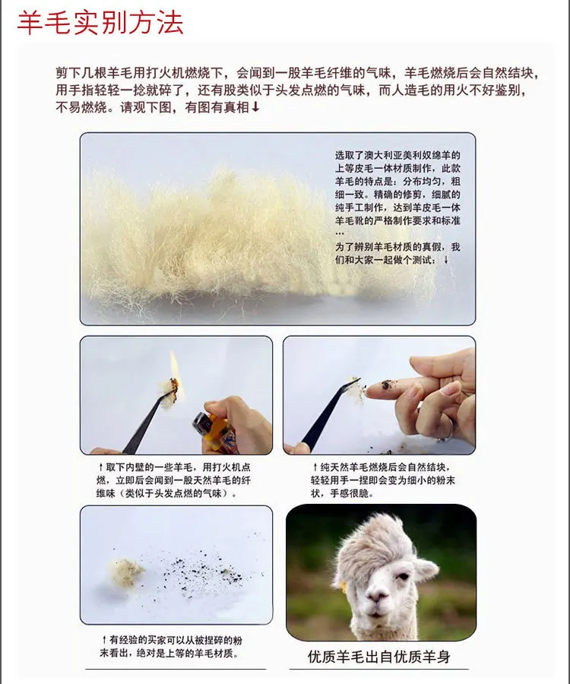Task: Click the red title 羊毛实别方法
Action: pos(100,23)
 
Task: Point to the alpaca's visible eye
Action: pos(403,577)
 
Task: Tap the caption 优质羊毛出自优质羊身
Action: pos(378,656)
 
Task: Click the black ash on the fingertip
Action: pos(386,385)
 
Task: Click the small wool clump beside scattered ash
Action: pos(125,572)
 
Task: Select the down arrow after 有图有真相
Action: pos(255,106)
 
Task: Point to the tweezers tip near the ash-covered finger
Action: pos(357,382)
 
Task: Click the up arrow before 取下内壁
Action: pos(101,467)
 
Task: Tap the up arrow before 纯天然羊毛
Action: pos(315,467)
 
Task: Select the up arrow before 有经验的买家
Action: pos(104,640)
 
